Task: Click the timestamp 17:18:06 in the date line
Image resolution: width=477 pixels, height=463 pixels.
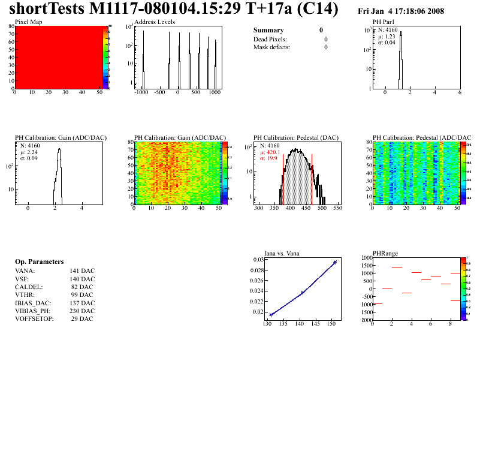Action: pos(424,11)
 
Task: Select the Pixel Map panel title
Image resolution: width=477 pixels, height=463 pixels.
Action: pos(29,22)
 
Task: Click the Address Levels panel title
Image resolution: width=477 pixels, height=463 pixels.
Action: pos(155,22)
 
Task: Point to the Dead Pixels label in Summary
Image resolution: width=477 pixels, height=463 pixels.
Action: pos(270,39)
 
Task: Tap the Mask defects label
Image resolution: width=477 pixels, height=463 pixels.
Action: pos(271,47)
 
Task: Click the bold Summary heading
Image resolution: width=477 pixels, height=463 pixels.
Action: pos(268,30)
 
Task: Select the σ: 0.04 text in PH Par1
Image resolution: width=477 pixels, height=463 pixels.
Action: pos(387,43)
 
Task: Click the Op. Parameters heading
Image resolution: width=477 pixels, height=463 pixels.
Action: pos(39,262)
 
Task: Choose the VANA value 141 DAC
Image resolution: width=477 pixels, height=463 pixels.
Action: pos(81,271)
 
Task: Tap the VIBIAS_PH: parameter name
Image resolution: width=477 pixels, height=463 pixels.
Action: pos(33,311)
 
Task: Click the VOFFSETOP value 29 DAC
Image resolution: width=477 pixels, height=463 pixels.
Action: pos(81,318)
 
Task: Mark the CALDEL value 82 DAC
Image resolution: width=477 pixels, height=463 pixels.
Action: pos(83,287)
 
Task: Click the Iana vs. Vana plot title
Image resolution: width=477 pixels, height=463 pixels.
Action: pos(282,253)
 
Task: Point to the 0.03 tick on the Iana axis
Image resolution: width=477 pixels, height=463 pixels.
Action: pos(258,260)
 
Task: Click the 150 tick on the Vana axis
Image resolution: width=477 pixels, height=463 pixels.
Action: pos(331,324)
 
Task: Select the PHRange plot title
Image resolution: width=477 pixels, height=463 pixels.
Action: pos(385,253)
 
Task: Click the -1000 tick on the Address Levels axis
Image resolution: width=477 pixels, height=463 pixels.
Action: pos(141,93)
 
